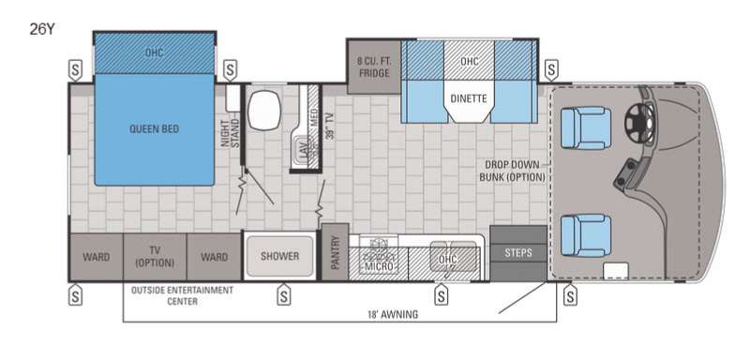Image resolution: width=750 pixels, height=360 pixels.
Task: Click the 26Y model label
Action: pos(42,30)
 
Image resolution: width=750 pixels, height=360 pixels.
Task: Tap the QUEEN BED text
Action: pos(155,129)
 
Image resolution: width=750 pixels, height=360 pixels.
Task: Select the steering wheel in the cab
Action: pos(639,123)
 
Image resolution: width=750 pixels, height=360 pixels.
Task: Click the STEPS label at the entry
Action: pos(518,253)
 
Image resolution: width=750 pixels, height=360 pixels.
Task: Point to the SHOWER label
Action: pos(279,256)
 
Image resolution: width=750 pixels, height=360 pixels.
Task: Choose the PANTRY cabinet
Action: pos(335,252)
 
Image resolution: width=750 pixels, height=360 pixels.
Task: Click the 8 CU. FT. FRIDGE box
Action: pos(373,67)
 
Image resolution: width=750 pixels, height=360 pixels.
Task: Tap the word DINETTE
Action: pos(469,99)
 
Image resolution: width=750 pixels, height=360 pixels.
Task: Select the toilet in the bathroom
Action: pos(263,110)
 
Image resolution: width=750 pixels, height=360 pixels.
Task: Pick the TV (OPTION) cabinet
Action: pos(155,257)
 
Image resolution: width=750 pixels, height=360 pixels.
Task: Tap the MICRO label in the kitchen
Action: pos(379,266)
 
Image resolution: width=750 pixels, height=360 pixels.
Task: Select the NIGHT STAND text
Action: pos(231,132)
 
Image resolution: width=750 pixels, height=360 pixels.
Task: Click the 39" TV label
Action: pos(329,125)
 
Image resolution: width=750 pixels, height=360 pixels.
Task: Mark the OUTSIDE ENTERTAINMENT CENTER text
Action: pos(182,295)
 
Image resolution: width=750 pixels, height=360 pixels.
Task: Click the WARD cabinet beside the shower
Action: pos(214,257)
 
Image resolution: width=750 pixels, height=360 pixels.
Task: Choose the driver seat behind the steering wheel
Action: pos(586,127)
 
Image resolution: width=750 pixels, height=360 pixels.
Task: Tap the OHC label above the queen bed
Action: pos(155,52)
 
